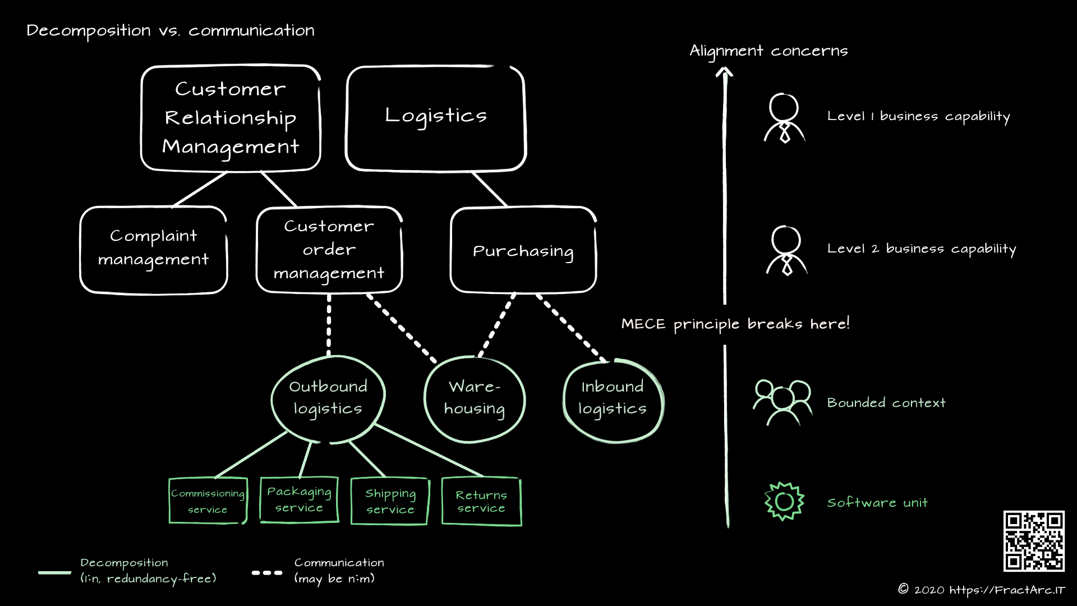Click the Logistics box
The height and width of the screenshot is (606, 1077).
tap(436, 118)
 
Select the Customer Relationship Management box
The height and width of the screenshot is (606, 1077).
tap(231, 118)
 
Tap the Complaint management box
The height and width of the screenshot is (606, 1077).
tap(154, 250)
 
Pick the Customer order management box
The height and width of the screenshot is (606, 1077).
tap(329, 250)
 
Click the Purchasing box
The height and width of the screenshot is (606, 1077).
tap(523, 250)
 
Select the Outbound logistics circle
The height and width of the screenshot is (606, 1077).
tap(328, 398)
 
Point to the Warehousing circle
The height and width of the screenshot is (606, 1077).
tap(475, 400)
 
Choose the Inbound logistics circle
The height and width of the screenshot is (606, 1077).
tap(613, 400)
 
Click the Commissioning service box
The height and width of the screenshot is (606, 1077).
tap(208, 501)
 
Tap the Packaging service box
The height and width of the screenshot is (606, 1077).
tap(299, 500)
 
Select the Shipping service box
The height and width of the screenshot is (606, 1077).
tap(390, 501)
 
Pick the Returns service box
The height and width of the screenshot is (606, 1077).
tap(481, 501)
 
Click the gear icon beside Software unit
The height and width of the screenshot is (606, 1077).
tap(784, 501)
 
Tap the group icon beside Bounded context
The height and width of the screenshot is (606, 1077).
tap(782, 402)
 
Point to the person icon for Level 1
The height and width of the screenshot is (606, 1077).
tap(784, 118)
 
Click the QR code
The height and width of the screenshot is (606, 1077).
tap(1034, 541)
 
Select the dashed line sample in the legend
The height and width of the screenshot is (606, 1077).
tap(267, 573)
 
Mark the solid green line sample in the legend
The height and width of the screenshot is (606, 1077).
tap(54, 573)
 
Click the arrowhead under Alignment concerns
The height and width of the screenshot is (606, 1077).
tap(724, 72)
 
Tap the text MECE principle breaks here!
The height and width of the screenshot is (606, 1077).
tap(735, 324)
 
